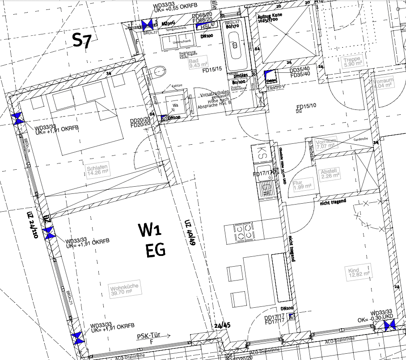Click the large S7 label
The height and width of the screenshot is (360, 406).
pos(82,41)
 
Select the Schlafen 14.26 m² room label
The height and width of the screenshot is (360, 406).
pos(98,170)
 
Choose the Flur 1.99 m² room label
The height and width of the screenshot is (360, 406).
pos(300,185)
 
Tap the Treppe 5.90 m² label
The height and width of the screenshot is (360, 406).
pos(352,62)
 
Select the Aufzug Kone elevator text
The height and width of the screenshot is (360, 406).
pos(271,18)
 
